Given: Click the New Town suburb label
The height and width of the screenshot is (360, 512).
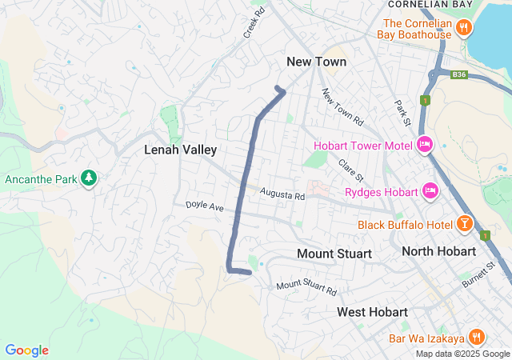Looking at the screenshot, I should pyautogui.click(x=317, y=62).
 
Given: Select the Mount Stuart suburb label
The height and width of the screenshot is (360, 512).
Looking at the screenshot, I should pyautogui.click(x=334, y=254).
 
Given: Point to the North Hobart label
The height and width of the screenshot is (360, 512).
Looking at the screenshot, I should pyautogui.click(x=438, y=251).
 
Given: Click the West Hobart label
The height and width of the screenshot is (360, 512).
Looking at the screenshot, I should pyautogui.click(x=372, y=311).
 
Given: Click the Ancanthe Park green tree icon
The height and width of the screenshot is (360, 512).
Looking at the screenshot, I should pyautogui.click(x=89, y=177).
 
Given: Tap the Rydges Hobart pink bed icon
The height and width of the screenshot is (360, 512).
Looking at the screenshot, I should pyautogui.click(x=430, y=191).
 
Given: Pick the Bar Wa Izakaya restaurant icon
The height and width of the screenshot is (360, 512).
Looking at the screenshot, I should pyautogui.click(x=476, y=338).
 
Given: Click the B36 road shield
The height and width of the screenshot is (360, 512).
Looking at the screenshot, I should pyautogui.click(x=458, y=75).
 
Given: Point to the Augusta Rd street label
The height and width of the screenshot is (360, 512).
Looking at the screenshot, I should pyautogui.click(x=282, y=194).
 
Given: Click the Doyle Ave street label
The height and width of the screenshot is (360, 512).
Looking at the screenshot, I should pyautogui.click(x=205, y=206).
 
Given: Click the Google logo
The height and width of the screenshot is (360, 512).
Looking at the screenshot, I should pyautogui.click(x=26, y=350).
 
